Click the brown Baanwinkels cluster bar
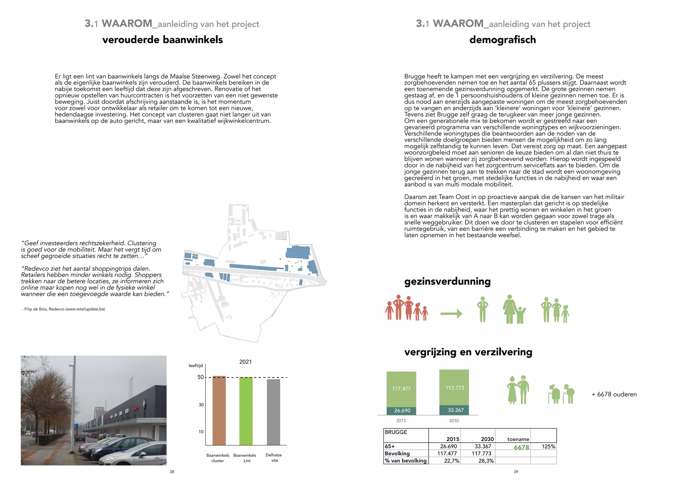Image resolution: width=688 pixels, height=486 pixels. pyautogui.click(x=219, y=411)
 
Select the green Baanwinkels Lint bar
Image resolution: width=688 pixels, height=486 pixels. pyautogui.click(x=246, y=411)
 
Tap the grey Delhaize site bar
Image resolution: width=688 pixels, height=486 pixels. pyautogui.click(x=273, y=412)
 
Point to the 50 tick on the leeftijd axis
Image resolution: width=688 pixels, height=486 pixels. pyautogui.click(x=201, y=377)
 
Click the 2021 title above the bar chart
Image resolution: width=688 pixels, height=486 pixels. pyautogui.click(x=245, y=362)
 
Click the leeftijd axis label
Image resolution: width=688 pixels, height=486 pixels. pyautogui.click(x=196, y=366)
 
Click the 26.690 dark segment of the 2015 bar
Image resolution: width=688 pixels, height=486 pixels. pyautogui.click(x=402, y=411)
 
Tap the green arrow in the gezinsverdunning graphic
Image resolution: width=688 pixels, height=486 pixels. pyautogui.click(x=451, y=314)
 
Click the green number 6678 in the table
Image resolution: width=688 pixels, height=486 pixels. pyautogui.click(x=521, y=447)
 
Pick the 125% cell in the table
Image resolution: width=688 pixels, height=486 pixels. pyautogui.click(x=548, y=447)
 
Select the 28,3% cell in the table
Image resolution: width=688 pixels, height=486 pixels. pyautogui.click(x=486, y=461)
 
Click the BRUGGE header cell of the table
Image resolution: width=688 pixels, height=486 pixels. pyautogui.click(x=396, y=432)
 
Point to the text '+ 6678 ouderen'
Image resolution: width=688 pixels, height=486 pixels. pyautogui.click(x=614, y=394)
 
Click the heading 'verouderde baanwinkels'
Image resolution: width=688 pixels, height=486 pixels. pyautogui.click(x=163, y=40)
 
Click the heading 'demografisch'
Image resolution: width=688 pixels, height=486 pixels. pyautogui.click(x=503, y=40)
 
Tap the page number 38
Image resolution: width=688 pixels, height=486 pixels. pyautogui.click(x=172, y=472)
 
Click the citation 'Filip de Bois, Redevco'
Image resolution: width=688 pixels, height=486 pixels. pyautogui.click(x=64, y=309)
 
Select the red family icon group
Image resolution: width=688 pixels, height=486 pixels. pyautogui.click(x=406, y=308)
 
